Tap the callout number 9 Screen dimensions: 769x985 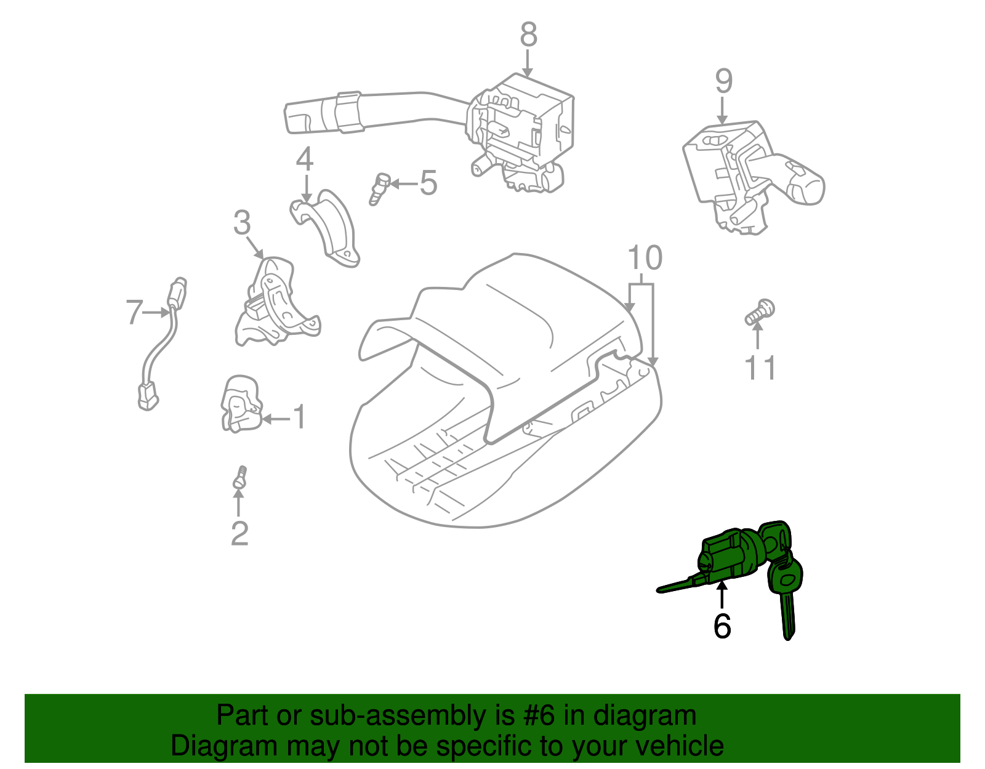click(x=724, y=81)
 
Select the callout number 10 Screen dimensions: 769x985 click(x=645, y=259)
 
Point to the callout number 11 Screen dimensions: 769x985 click(x=760, y=368)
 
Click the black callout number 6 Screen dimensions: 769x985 click(x=722, y=626)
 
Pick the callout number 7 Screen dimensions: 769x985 click(x=134, y=312)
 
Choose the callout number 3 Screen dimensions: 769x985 click(x=242, y=222)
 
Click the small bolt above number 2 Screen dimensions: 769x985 click(x=240, y=478)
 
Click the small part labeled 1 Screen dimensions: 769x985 click(x=240, y=403)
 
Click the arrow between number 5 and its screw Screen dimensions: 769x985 click(x=404, y=183)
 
